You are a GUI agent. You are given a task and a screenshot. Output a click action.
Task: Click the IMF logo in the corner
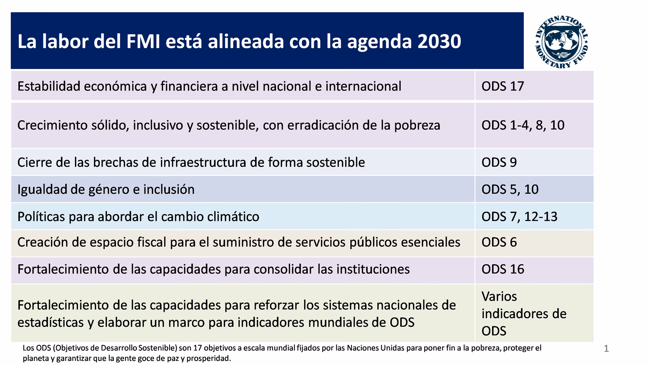(x=562, y=42)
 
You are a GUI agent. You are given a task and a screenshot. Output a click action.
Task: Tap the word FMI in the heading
(x=143, y=42)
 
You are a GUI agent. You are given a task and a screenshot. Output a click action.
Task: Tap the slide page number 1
(x=606, y=349)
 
